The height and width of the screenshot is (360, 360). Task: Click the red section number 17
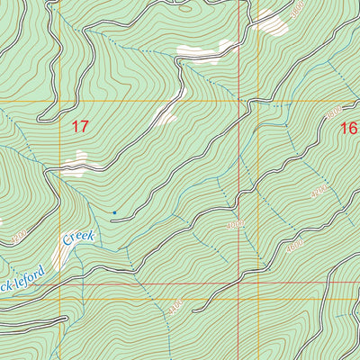coord(80,128)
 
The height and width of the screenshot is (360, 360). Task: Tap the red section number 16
coord(349,129)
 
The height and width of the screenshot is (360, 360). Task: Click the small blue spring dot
coord(113,212)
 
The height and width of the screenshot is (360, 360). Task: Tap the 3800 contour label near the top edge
coord(298,12)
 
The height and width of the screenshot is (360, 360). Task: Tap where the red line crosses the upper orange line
coord(241,102)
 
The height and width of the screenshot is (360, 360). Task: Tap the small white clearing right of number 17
coord(165,113)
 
